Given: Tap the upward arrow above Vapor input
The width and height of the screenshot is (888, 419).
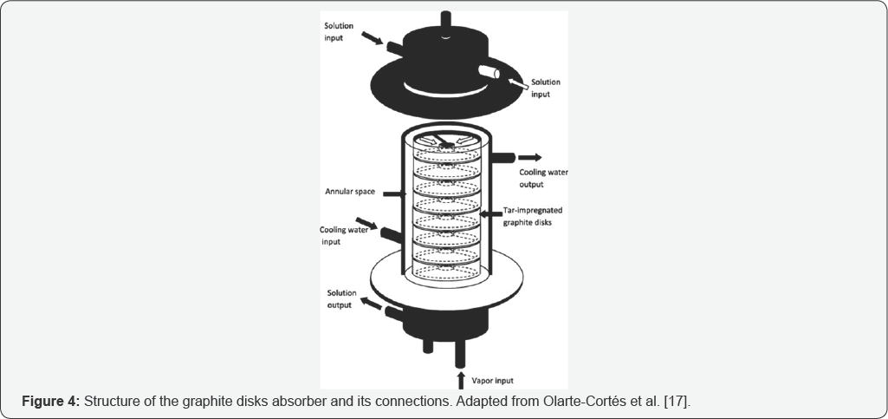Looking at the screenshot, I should click(460, 380).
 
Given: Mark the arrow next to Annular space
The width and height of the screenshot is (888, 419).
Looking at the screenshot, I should click(394, 193).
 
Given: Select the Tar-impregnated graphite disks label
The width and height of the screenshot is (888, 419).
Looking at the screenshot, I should click(531, 216).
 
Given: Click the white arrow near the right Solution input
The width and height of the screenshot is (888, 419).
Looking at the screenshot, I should click(518, 82).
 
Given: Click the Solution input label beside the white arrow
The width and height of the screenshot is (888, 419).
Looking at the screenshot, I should click(545, 88).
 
